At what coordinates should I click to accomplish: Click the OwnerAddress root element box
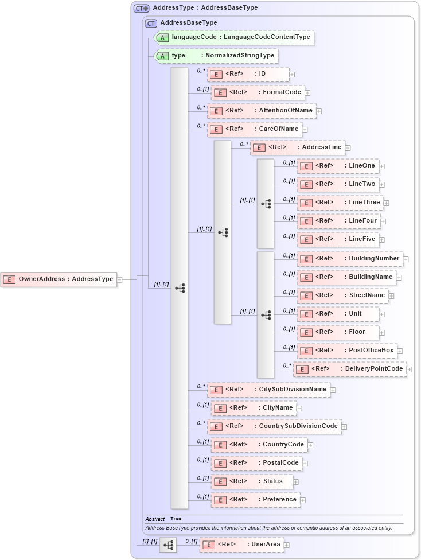tap(59, 279)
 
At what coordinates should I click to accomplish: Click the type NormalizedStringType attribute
tap(217, 56)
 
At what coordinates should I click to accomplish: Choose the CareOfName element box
tap(254, 129)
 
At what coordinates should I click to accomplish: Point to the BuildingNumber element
tap(349, 259)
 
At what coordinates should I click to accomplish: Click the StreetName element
tap(342, 295)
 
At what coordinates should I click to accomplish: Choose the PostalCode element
tap(256, 463)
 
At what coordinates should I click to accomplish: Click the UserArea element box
tap(241, 545)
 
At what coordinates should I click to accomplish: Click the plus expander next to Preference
tap(303, 500)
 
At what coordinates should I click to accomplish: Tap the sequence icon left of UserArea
tap(168, 545)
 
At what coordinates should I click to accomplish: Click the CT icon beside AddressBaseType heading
tap(151, 23)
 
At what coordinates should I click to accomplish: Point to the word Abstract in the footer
tap(155, 519)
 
